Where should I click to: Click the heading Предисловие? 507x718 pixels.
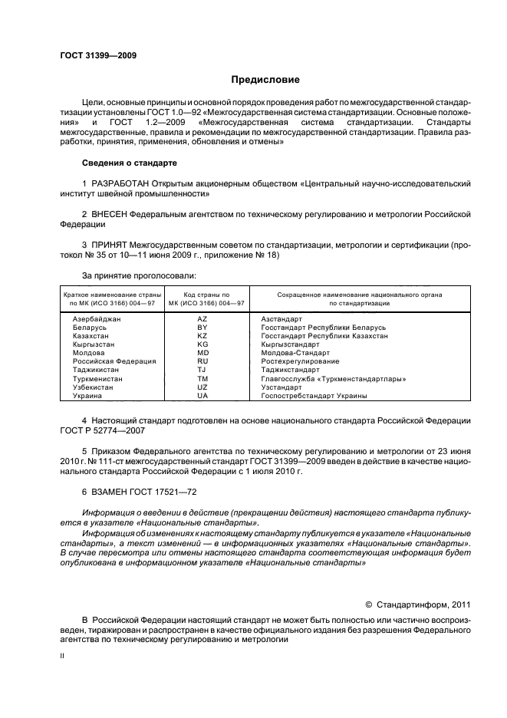pyautogui.click(x=265, y=80)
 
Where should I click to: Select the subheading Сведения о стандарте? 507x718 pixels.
pyautogui.click(x=130, y=163)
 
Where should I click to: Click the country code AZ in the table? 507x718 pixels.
pyautogui.click(x=202, y=318)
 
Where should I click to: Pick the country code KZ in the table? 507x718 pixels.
pyautogui.click(x=202, y=336)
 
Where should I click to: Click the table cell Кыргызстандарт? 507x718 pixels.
pyautogui.click(x=295, y=344)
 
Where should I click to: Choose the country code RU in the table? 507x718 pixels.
pyautogui.click(x=202, y=361)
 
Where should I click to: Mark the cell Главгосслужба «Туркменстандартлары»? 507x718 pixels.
pyautogui.click(x=333, y=379)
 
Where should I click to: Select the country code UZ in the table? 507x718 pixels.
pyautogui.click(x=202, y=387)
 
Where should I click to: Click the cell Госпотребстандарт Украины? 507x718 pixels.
pyautogui.click(x=314, y=396)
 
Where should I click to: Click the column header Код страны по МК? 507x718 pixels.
pyautogui.click(x=202, y=295)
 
